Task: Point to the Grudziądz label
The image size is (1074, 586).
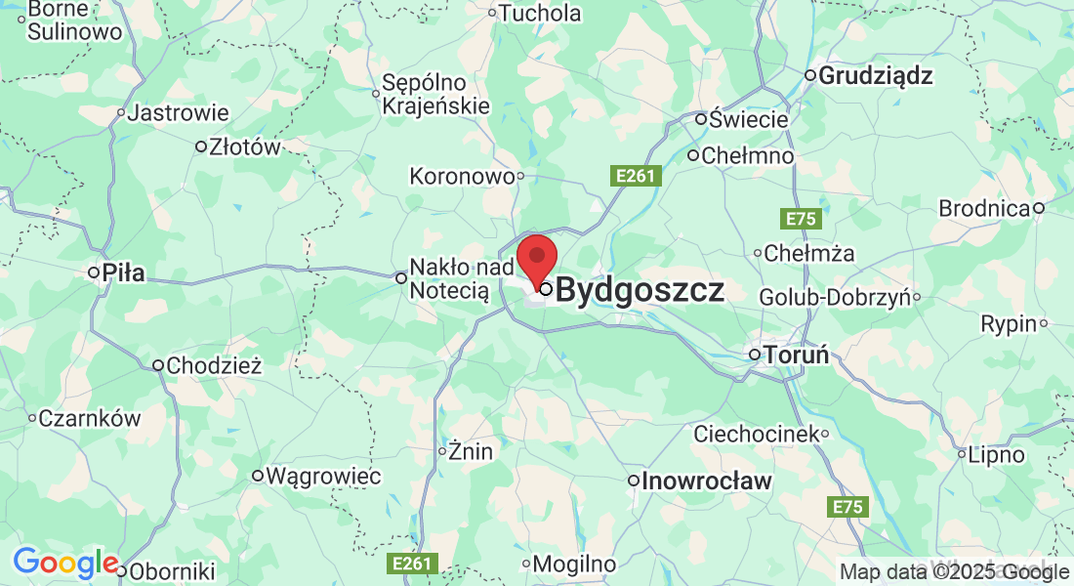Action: coord(876,75)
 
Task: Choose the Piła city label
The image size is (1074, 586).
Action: coord(124,272)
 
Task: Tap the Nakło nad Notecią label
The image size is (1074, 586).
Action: coord(448,278)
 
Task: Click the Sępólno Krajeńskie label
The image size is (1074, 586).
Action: coord(435,94)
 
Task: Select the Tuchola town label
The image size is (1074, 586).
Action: coord(540,14)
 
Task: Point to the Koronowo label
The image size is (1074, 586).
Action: coord(462,177)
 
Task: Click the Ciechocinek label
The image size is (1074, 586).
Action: coord(756,433)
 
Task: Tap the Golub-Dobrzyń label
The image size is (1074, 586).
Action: coord(834,296)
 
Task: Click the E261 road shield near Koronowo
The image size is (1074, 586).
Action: coord(637,176)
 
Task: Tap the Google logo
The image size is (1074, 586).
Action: coord(65,564)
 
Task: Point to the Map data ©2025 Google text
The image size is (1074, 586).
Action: coord(955,572)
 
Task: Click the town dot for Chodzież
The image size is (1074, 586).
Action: coord(158,366)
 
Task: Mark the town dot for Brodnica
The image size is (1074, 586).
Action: coord(1040,207)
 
